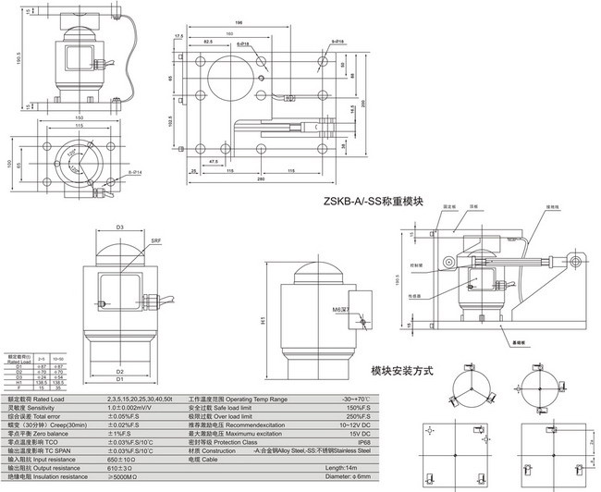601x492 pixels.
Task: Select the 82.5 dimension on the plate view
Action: (x=209, y=43)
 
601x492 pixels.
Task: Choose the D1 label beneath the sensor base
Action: (x=119, y=379)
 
